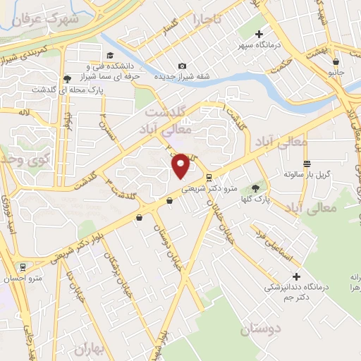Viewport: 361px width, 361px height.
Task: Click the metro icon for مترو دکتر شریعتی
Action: [x=209, y=177]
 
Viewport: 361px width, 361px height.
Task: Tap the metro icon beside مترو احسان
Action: [x=24, y=267]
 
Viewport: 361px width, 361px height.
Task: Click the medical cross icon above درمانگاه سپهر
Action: [x=259, y=34]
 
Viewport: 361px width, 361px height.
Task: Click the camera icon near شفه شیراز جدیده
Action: [x=183, y=66]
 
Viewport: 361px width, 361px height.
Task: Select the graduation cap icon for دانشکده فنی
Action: [x=110, y=56]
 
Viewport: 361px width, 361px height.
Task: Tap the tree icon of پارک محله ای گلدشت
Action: [x=67, y=79]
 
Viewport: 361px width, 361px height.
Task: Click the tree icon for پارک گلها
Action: [x=254, y=188]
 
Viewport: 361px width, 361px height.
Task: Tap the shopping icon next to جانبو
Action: [x=336, y=62]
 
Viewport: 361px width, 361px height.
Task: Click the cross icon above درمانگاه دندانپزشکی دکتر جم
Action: [x=297, y=276]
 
